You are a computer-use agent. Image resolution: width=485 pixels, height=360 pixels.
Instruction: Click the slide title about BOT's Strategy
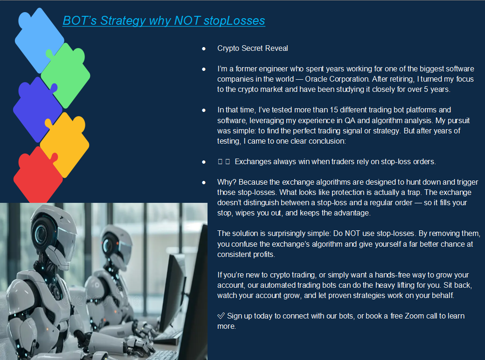click(x=164, y=21)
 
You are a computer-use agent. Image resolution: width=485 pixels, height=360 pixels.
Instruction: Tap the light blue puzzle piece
click(x=38, y=40)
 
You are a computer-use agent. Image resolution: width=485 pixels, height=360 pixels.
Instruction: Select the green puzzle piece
click(x=66, y=75)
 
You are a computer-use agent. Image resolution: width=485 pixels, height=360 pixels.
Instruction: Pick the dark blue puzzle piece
click(x=37, y=110)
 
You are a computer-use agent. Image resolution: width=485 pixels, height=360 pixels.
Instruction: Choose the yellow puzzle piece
click(x=65, y=145)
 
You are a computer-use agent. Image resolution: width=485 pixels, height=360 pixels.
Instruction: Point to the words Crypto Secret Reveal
click(x=252, y=48)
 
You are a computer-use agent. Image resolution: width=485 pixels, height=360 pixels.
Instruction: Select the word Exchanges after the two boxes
click(x=249, y=161)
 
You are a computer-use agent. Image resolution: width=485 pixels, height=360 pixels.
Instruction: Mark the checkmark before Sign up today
click(x=221, y=316)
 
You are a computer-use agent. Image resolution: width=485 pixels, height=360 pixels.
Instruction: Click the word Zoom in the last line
click(x=414, y=316)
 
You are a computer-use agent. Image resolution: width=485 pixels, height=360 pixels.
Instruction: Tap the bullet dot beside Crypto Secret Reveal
click(x=203, y=48)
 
